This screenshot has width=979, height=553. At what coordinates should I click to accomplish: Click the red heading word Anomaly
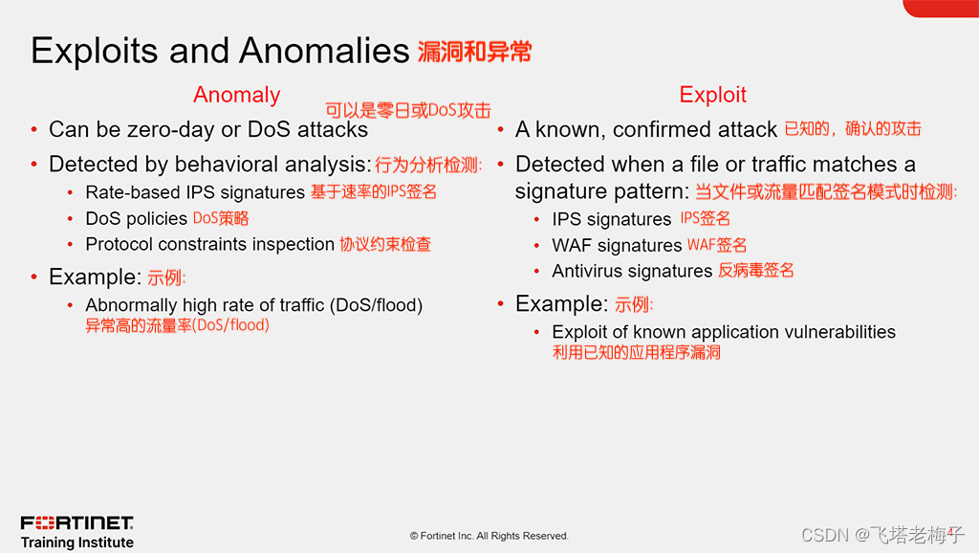point(237,95)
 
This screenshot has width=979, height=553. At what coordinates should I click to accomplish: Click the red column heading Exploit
point(712,95)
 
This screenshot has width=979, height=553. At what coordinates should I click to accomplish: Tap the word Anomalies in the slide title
point(324,51)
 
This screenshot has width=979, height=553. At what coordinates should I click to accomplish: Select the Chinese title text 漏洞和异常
point(474,52)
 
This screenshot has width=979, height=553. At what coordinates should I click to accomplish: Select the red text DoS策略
point(221,218)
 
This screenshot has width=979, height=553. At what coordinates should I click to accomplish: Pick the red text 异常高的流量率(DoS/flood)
point(177,325)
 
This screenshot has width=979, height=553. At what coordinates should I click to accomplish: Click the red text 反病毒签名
point(755,271)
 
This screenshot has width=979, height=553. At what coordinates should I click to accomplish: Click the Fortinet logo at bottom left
point(76,522)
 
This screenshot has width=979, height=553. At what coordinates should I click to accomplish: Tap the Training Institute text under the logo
point(76,542)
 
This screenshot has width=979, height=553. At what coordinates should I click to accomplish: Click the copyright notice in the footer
point(489,536)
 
